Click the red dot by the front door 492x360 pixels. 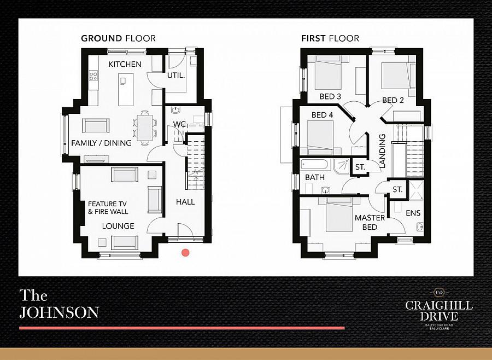coord(185,253)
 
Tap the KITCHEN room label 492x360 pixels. coord(125,65)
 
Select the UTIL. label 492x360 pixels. coord(176,76)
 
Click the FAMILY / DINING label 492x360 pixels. coord(101,143)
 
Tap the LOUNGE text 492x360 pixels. coord(118,226)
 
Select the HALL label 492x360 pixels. coord(185,202)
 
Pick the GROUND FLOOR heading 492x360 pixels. coord(118,38)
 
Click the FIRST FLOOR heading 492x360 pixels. coord(330,38)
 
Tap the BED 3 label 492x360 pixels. coord(330,97)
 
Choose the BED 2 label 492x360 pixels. coord(393,100)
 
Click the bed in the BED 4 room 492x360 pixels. coord(320,137)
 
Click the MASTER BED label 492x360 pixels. coord(366,222)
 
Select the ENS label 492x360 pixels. coord(413,213)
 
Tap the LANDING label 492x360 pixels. coord(383,150)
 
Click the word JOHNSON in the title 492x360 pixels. coord(59,312)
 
